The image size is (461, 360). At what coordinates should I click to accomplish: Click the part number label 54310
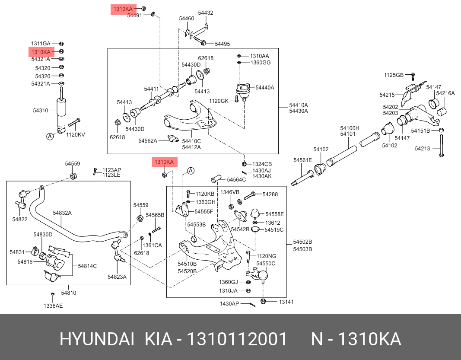click(41, 111)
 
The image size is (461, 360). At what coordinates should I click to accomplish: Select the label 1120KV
click(76, 134)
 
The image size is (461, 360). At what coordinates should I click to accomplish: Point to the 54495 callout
click(223, 44)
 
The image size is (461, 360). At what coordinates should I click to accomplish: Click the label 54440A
click(265, 88)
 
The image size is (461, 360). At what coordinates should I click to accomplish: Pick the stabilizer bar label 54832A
click(62, 213)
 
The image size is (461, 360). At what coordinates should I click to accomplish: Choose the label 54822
click(19, 220)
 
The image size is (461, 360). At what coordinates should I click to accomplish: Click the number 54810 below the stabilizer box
click(68, 293)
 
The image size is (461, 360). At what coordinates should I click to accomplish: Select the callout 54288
click(270, 194)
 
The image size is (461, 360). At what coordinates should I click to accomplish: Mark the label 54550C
click(266, 263)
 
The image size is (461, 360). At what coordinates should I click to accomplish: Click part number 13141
click(286, 302)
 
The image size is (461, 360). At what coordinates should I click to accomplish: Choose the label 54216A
click(445, 93)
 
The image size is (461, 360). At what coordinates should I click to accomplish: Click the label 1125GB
click(394, 75)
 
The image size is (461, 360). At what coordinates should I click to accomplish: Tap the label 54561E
click(302, 160)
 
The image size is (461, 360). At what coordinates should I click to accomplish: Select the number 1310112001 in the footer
click(236, 340)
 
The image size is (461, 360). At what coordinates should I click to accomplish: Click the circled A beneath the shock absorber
click(50, 137)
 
